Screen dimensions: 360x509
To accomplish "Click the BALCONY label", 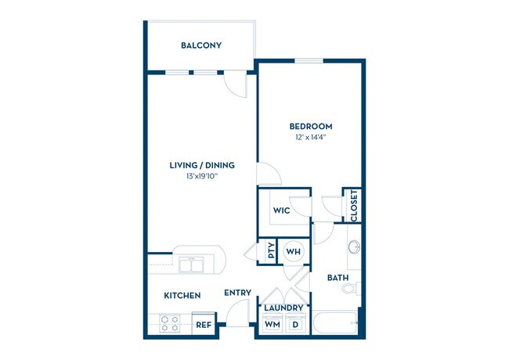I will [201, 45].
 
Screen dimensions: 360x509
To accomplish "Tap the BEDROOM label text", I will [311, 126].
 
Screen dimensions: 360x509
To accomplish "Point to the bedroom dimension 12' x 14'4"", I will [311, 138].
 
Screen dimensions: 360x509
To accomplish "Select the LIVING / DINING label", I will [202, 165].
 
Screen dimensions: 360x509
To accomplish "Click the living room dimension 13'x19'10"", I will [202, 177].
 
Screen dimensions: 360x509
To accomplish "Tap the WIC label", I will [282, 211].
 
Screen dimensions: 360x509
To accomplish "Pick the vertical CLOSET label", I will [354, 206].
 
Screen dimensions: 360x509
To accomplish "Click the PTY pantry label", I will [271, 252].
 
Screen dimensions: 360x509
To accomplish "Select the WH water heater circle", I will [294, 251].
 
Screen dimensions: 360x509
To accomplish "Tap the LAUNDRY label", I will [283, 308].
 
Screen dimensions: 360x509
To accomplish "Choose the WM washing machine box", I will [272, 324].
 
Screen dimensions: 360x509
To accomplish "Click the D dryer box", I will [296, 324].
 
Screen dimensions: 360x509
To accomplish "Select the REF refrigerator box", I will [203, 324].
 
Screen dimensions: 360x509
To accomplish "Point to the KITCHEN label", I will [182, 296].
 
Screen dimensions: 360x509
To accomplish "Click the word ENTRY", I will [237, 293].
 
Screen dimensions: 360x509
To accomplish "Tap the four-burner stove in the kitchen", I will [171, 323].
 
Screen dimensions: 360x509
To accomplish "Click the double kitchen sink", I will [191, 265].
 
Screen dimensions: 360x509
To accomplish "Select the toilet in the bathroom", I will [350, 290].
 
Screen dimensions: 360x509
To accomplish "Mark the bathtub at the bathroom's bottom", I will [336, 322].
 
